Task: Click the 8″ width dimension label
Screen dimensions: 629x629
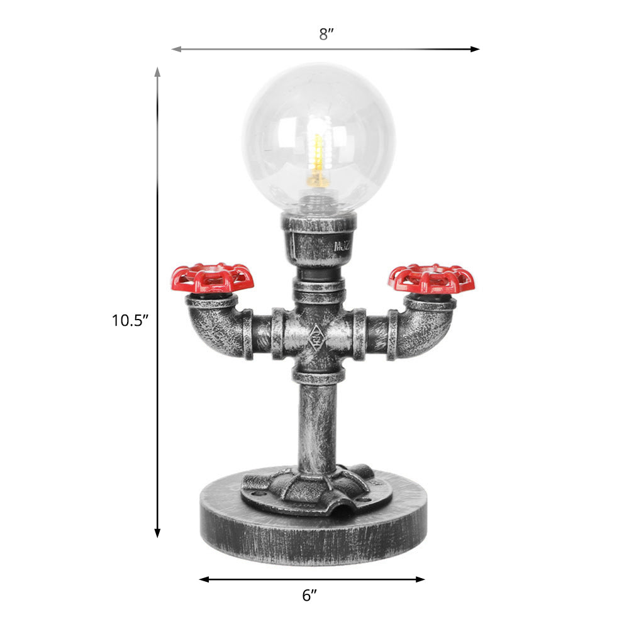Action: pyautogui.click(x=325, y=34)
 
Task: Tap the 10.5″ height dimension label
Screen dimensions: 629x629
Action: pyautogui.click(x=130, y=321)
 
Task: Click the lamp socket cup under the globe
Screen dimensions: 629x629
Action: pyautogui.click(x=319, y=239)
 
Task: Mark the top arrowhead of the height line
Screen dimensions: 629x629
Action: pyautogui.click(x=157, y=71)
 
